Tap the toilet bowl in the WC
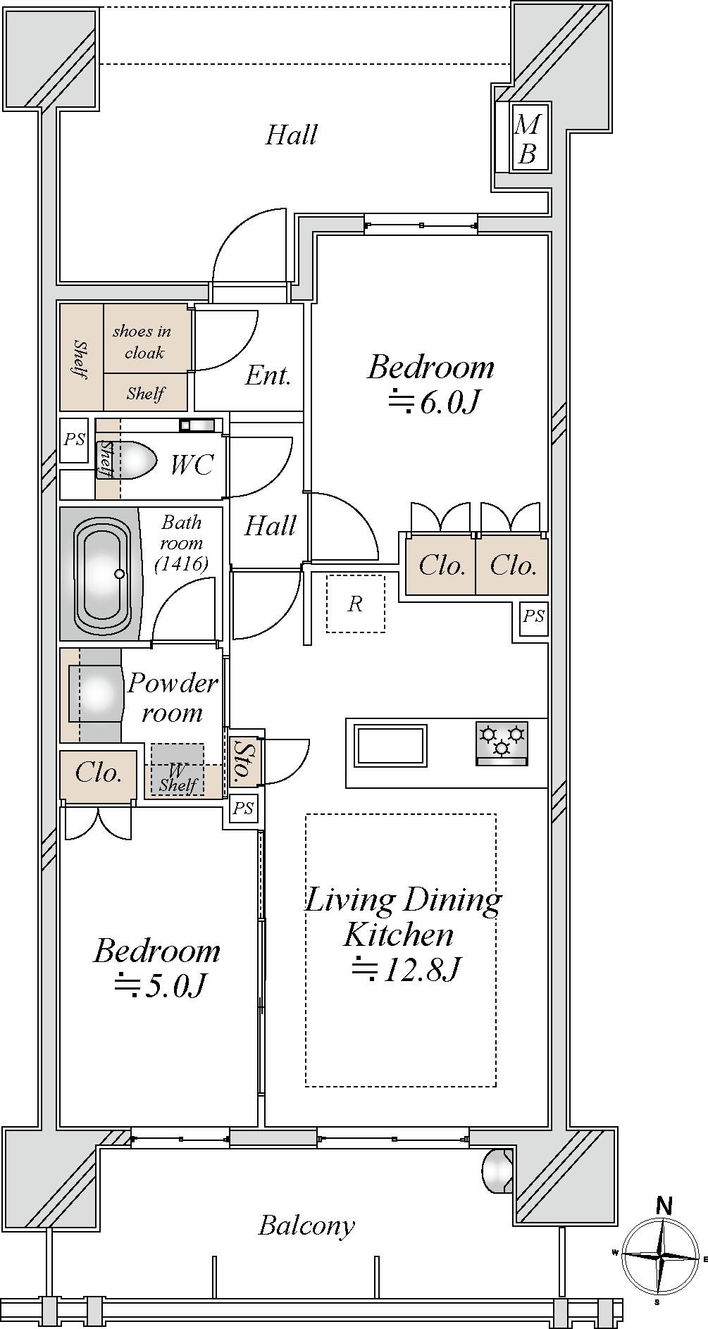(133, 460)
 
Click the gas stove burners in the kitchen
(502, 742)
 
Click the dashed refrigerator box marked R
(356, 604)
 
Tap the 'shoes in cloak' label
(143, 342)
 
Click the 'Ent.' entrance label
(268, 375)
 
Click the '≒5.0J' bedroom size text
(159, 986)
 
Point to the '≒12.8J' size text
(406, 970)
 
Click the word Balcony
(306, 1226)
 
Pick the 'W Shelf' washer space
(176, 770)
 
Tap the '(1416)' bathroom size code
(182, 563)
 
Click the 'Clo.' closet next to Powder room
(98, 774)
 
